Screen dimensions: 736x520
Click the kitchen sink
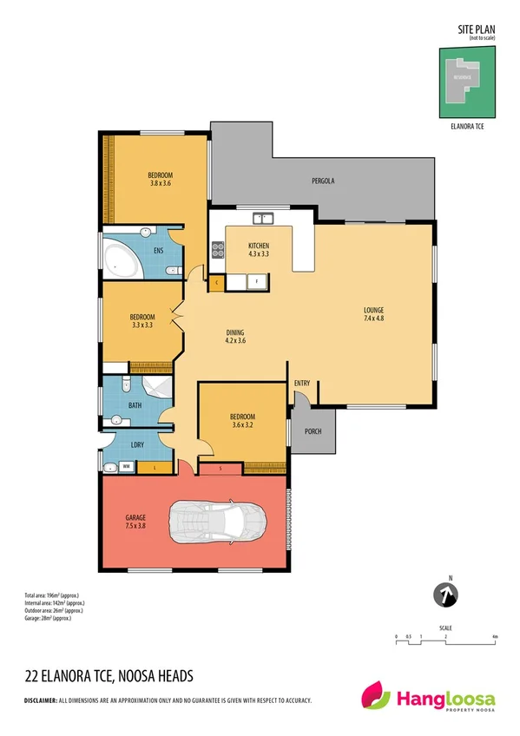[261, 218]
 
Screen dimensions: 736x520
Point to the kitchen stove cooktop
[218, 252]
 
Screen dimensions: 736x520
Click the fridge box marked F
[257, 280]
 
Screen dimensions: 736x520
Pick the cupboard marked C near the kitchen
[216, 281]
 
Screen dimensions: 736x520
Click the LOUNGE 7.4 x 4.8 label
[374, 314]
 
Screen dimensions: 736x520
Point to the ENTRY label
[302, 384]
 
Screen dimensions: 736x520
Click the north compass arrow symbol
[444, 595]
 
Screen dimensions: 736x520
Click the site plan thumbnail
[468, 82]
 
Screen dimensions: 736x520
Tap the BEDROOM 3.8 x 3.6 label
[161, 179]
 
